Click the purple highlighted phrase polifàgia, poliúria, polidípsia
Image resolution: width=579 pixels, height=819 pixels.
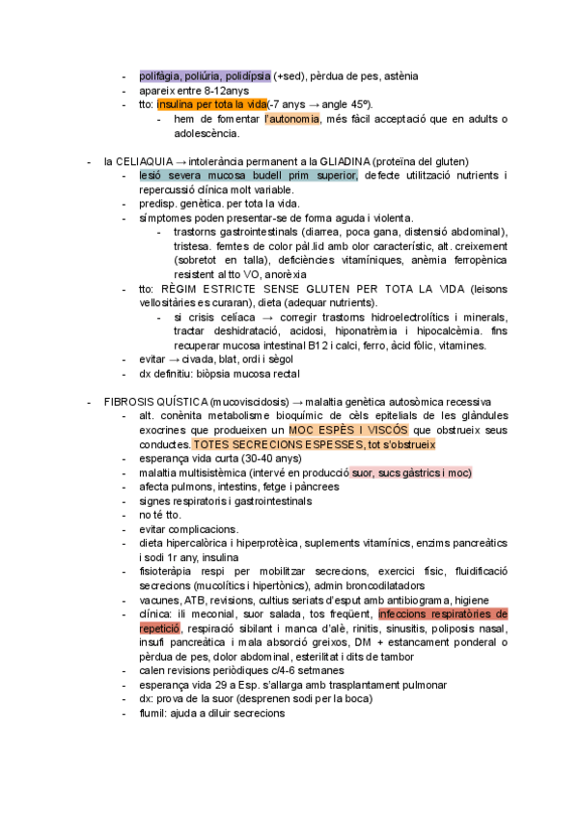(x=205, y=75)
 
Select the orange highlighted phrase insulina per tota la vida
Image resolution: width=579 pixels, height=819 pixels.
(x=212, y=104)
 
